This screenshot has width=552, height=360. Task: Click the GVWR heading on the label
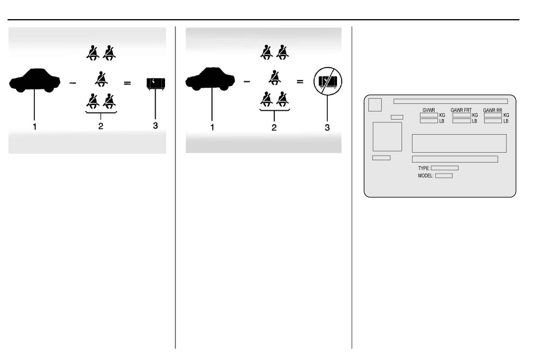pyautogui.click(x=428, y=110)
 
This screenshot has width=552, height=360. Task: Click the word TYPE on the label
pyautogui.click(x=424, y=168)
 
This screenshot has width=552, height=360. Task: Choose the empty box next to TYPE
pyautogui.click(x=445, y=168)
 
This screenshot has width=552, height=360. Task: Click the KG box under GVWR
pyautogui.click(x=428, y=115)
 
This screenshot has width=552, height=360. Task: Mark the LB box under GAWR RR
pyautogui.click(x=493, y=121)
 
